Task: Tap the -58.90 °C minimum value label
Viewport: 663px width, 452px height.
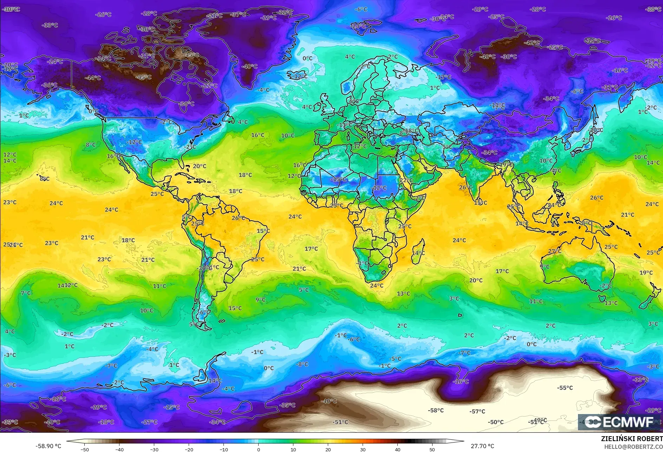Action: pyautogui.click(x=48, y=446)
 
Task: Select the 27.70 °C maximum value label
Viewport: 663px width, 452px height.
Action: pyautogui.click(x=482, y=446)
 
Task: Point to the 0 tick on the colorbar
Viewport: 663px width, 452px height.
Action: pyautogui.click(x=259, y=449)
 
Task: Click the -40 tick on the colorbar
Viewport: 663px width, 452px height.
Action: pyautogui.click(x=119, y=449)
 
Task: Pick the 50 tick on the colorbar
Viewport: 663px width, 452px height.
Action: pyautogui.click(x=432, y=449)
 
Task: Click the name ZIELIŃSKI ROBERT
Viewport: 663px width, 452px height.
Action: pyautogui.click(x=631, y=439)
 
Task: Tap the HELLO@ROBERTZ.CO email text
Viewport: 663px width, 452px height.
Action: pyautogui.click(x=633, y=447)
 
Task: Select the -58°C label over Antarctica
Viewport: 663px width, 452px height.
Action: pyautogui.click(x=436, y=410)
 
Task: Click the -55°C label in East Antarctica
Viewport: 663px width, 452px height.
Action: pyautogui.click(x=565, y=388)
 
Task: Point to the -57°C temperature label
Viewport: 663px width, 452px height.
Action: pyautogui.click(x=477, y=411)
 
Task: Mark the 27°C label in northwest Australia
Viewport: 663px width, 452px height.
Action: pyautogui.click(x=555, y=251)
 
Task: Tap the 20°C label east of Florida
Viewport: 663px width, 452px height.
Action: pyautogui.click(x=200, y=166)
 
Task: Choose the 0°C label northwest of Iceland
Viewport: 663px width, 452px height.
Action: pyautogui.click(x=307, y=58)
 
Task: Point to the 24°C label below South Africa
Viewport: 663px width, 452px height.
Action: pyautogui.click(x=377, y=286)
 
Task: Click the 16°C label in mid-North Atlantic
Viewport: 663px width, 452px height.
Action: pyautogui.click(x=258, y=135)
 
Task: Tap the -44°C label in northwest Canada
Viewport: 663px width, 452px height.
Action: pyautogui.click(x=93, y=78)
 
